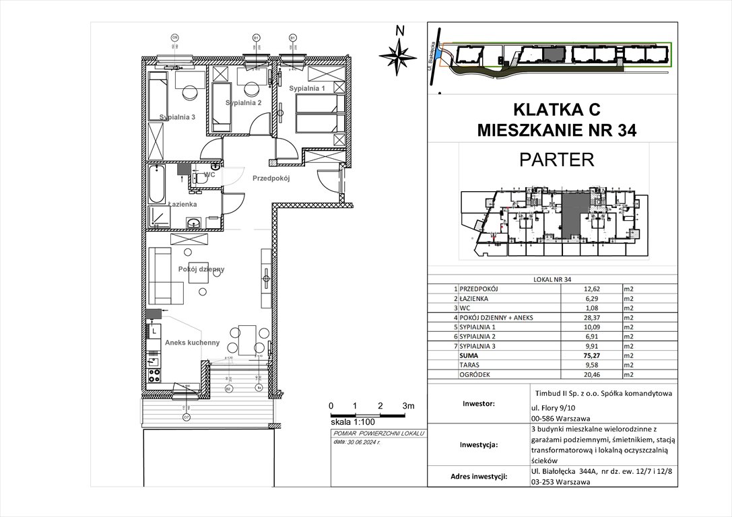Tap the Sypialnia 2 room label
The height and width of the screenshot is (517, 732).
click(x=243, y=102)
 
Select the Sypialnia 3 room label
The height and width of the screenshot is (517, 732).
click(x=177, y=116)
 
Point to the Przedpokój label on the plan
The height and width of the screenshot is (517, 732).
click(x=270, y=178)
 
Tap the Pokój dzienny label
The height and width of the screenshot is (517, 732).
click(x=201, y=269)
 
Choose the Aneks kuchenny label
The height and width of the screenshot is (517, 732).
click(x=192, y=343)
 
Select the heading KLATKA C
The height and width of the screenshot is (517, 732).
click(x=555, y=108)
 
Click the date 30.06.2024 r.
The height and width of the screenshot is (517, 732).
click(x=364, y=442)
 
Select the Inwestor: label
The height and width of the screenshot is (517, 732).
click(x=479, y=404)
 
